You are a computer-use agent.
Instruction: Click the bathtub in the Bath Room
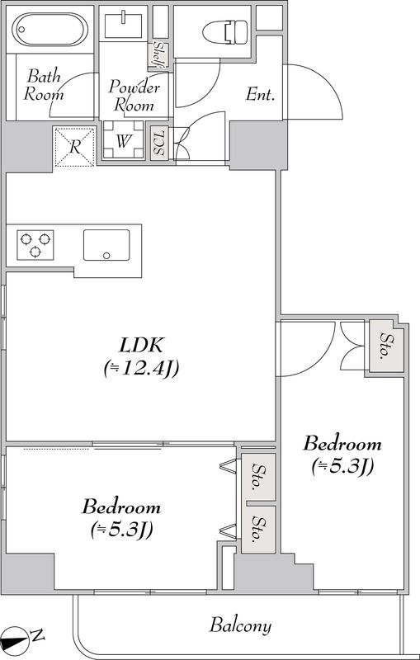coord(50,29)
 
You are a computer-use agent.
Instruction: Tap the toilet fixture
coord(224,31)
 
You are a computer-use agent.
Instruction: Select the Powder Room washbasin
coord(123,26)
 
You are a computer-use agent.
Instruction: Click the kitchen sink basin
coord(106,245)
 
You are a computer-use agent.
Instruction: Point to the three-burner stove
coord(35,244)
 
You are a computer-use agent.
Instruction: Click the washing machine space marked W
coord(123,139)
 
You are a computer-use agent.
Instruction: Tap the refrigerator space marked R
coord(74,147)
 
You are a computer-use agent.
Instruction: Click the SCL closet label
coord(159,143)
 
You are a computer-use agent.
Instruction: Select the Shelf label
coord(159,54)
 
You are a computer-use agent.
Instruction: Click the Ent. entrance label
coord(260,95)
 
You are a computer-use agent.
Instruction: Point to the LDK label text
coord(141,346)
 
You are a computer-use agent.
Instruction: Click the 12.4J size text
coord(141,369)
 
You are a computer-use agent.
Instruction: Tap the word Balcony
coord(240,625)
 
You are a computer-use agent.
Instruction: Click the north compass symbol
coord(23,636)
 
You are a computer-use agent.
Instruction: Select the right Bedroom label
coord(342,444)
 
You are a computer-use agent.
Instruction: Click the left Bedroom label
coord(121,507)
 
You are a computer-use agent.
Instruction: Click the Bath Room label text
coord(44,86)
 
